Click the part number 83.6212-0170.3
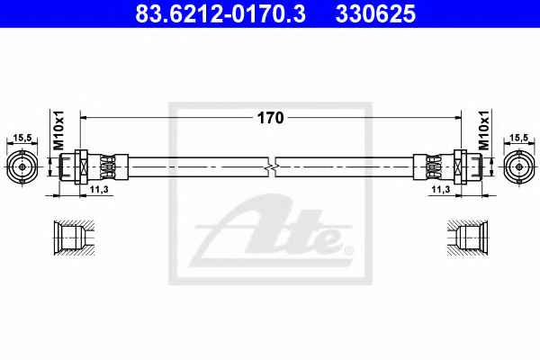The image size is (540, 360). click(220, 13)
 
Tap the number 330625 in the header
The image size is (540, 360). click(375, 13)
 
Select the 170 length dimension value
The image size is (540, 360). click(271, 118)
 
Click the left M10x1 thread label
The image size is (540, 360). click(58, 130)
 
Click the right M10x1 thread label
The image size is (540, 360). click(483, 130)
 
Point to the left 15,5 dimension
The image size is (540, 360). click(22, 138)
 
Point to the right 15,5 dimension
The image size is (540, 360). click(518, 138)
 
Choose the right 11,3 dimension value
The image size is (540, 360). click(441, 189)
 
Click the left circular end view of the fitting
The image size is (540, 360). click(22, 166)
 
